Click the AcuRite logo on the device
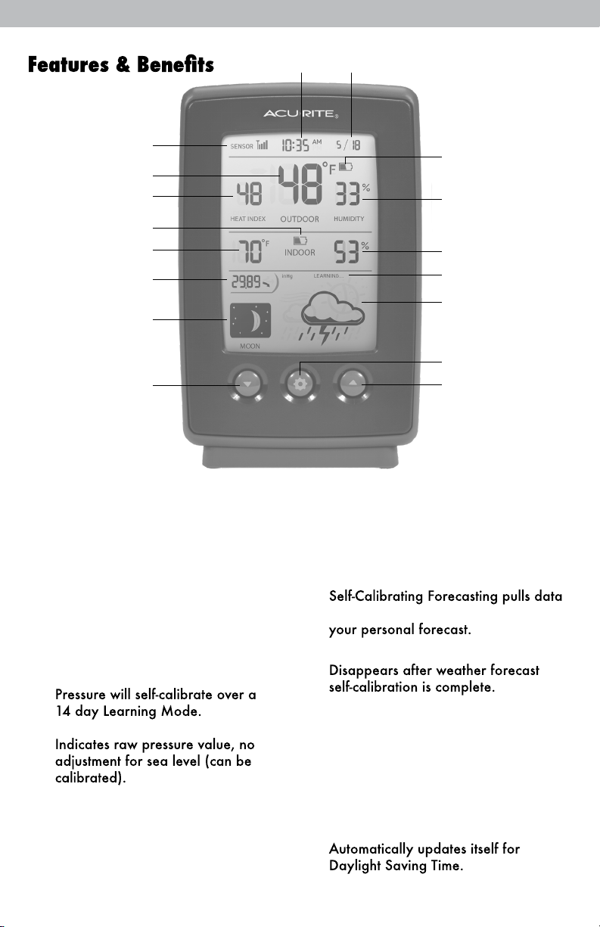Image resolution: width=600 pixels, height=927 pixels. [x=301, y=114]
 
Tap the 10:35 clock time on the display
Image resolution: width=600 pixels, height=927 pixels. [x=295, y=145]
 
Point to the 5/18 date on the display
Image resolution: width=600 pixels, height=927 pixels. [x=348, y=145]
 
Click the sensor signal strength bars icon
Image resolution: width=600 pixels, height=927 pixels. [x=262, y=145]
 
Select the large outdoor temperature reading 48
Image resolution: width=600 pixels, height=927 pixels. [x=300, y=185]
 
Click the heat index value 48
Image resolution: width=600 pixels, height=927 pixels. [x=249, y=194]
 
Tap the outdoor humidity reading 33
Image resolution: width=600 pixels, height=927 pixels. [x=347, y=194]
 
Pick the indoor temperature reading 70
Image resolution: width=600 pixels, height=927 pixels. [x=250, y=251]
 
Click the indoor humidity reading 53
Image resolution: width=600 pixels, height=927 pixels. [x=347, y=252]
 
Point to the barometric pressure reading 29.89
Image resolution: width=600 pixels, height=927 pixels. [x=246, y=282]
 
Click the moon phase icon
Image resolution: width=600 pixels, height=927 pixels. [x=250, y=320]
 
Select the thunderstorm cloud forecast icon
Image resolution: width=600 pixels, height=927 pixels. [x=333, y=317]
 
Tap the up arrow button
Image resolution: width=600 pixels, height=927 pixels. [x=353, y=384]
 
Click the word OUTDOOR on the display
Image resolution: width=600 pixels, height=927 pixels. [x=300, y=219]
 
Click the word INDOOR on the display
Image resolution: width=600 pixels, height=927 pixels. [x=300, y=253]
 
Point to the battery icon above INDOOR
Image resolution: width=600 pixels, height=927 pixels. [x=300, y=241]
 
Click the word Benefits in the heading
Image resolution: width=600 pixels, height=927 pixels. [x=176, y=64]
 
